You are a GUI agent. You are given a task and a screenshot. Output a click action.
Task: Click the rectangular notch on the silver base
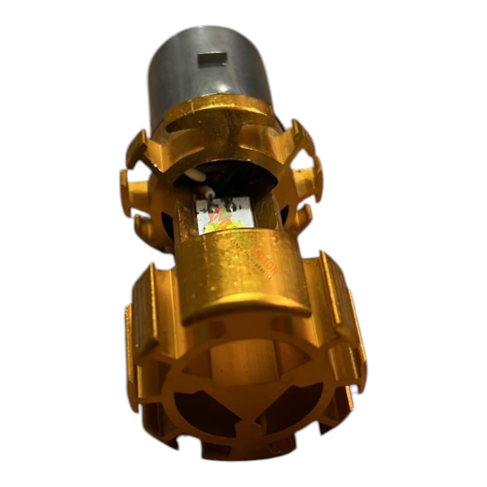click(x=212, y=60)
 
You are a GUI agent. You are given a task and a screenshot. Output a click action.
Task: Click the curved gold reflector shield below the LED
click(x=240, y=274)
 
